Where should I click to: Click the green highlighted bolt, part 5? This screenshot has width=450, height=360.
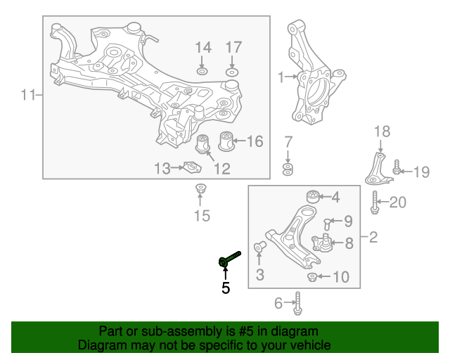tap(230, 258)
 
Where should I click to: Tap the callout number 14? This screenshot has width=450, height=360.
tap(203, 48)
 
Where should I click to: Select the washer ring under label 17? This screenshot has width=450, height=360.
tap(232, 72)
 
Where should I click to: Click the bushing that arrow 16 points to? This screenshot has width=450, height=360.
tap(226, 141)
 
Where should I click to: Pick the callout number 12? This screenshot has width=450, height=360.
tap(222, 169)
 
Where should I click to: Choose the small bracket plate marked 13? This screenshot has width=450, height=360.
tap(192, 167)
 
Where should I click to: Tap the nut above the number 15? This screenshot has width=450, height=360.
tap(200, 189)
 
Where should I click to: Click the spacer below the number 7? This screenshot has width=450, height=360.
tap(288, 169)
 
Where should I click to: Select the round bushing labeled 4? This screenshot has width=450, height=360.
tap(312, 196)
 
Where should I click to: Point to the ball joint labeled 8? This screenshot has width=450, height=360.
tap(322, 243)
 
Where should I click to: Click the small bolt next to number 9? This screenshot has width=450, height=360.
tap(326, 224)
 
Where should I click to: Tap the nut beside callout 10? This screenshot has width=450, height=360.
tap(312, 277)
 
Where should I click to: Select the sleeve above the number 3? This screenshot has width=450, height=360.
tap(259, 247)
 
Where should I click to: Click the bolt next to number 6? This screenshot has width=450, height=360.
tap(298, 304)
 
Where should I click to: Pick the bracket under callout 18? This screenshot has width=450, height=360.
tap(376, 169)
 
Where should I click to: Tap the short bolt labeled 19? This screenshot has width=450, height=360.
tap(397, 167)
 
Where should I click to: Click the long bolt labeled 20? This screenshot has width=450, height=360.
tap(375, 202)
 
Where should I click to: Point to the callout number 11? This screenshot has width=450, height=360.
tap(28, 95)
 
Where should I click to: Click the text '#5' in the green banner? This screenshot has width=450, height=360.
tap(245, 331)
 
